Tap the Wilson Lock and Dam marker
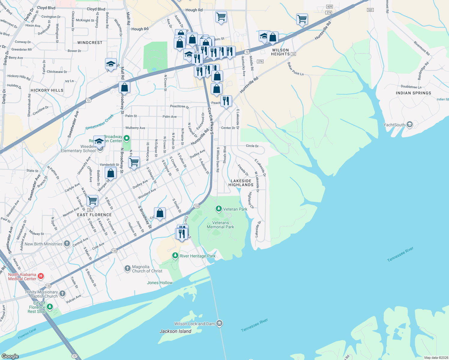point(219,323)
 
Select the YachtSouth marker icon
point(410,124)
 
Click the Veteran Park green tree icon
point(219,209)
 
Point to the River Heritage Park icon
point(175,256)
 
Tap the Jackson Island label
point(175,331)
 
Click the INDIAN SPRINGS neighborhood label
point(413,93)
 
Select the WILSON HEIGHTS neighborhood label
point(280,52)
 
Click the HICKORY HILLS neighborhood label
point(47,90)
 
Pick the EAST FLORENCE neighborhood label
point(94,215)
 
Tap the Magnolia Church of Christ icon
point(128,268)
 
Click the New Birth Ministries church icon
point(67,244)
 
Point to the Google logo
point(10,356)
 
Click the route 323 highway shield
point(370,10)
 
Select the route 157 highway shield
point(74,356)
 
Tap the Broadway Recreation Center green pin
point(127,138)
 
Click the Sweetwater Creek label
point(100,122)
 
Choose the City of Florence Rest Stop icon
point(50,307)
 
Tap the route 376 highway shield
point(260,61)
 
